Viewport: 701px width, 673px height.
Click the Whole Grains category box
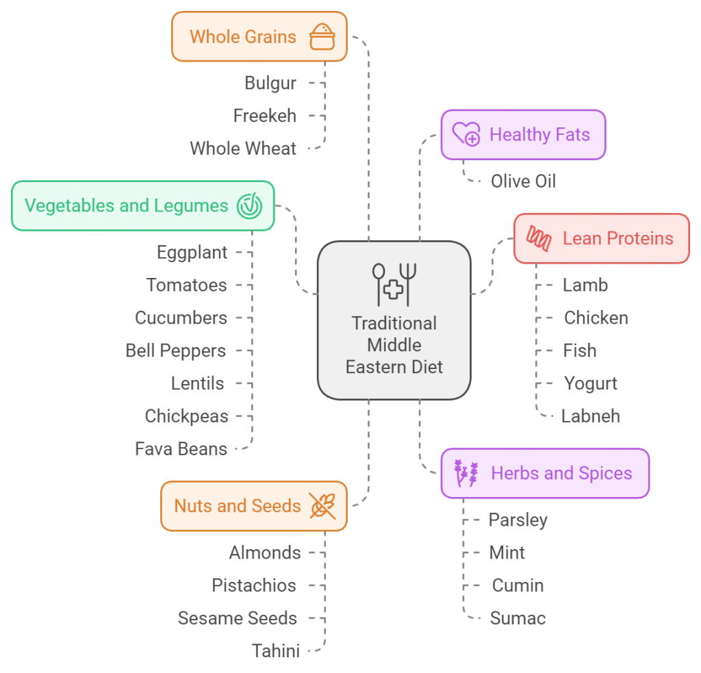click(259, 36)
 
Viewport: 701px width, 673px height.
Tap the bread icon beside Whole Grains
click(322, 36)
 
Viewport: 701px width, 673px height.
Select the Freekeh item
click(265, 116)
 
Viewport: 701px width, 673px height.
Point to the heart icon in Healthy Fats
click(467, 134)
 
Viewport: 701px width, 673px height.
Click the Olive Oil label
click(523, 181)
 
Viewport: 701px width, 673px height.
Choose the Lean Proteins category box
click(601, 238)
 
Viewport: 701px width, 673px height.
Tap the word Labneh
click(590, 416)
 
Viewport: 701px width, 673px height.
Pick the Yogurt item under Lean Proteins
click(590, 383)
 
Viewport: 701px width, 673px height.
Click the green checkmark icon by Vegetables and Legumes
click(249, 205)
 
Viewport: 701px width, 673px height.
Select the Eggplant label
click(192, 253)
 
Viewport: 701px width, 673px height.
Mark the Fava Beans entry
click(181, 449)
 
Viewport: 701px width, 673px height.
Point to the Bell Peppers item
click(175, 351)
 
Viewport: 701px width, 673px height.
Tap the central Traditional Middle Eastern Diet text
click(394, 345)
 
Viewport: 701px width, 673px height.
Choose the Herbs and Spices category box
click(544, 473)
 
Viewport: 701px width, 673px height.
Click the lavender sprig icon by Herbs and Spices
click(466, 473)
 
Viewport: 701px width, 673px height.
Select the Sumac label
click(518, 618)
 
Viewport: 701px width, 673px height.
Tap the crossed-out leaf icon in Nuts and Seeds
click(322, 506)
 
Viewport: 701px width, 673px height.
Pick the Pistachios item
click(254, 585)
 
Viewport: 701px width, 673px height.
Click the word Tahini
click(275, 651)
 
